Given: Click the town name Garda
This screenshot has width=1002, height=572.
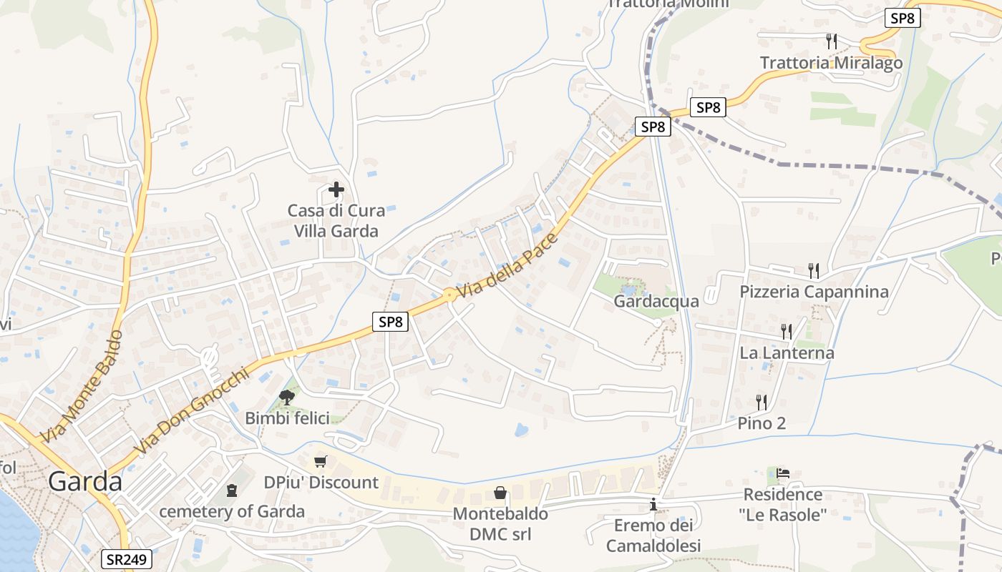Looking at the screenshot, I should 85,481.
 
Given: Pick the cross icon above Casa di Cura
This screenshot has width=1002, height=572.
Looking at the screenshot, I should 336,189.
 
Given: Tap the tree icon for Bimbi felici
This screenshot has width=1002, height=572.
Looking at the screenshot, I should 287,397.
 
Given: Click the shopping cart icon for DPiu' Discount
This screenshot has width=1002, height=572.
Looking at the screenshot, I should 321,461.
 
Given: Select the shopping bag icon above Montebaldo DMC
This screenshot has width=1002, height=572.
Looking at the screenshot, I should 500,493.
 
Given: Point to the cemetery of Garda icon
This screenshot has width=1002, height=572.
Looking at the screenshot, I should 231,490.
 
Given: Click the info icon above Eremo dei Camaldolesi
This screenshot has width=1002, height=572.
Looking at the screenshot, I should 653,505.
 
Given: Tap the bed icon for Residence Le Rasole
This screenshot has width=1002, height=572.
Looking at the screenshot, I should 783,473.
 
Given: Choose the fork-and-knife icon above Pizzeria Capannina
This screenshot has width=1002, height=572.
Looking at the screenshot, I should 813,270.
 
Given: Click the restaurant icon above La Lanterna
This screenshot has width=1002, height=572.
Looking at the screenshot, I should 786,331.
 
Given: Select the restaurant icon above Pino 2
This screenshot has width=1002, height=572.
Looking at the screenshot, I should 761,402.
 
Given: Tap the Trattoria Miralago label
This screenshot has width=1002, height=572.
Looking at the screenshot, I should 831,63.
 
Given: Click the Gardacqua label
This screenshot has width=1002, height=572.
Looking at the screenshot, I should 656,301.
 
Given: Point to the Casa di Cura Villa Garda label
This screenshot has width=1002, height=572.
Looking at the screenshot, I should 336,221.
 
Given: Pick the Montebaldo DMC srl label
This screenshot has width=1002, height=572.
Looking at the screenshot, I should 500,524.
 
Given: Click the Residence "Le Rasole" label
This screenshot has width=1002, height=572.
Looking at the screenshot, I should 783,504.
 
